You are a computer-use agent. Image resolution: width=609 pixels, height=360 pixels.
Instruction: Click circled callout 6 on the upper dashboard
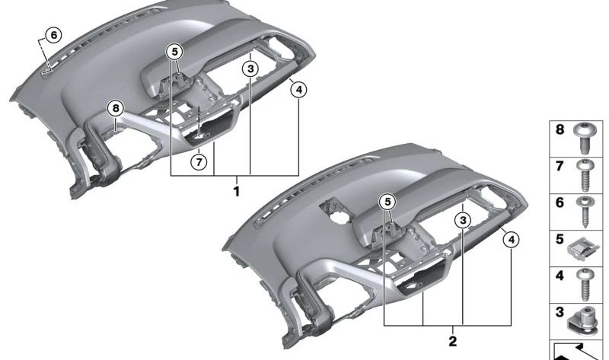pos(52,34)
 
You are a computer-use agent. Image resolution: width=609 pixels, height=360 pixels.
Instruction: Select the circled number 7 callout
pos(198,161)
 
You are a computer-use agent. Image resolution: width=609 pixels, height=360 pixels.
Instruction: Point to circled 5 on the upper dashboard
pos(174,52)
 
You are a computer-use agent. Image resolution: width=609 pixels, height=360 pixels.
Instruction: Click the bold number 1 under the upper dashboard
pos(236,190)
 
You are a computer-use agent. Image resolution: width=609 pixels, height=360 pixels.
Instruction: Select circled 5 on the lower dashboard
pos(387,202)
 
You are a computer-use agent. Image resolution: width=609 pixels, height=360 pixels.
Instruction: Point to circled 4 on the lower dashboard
pos(512,241)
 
